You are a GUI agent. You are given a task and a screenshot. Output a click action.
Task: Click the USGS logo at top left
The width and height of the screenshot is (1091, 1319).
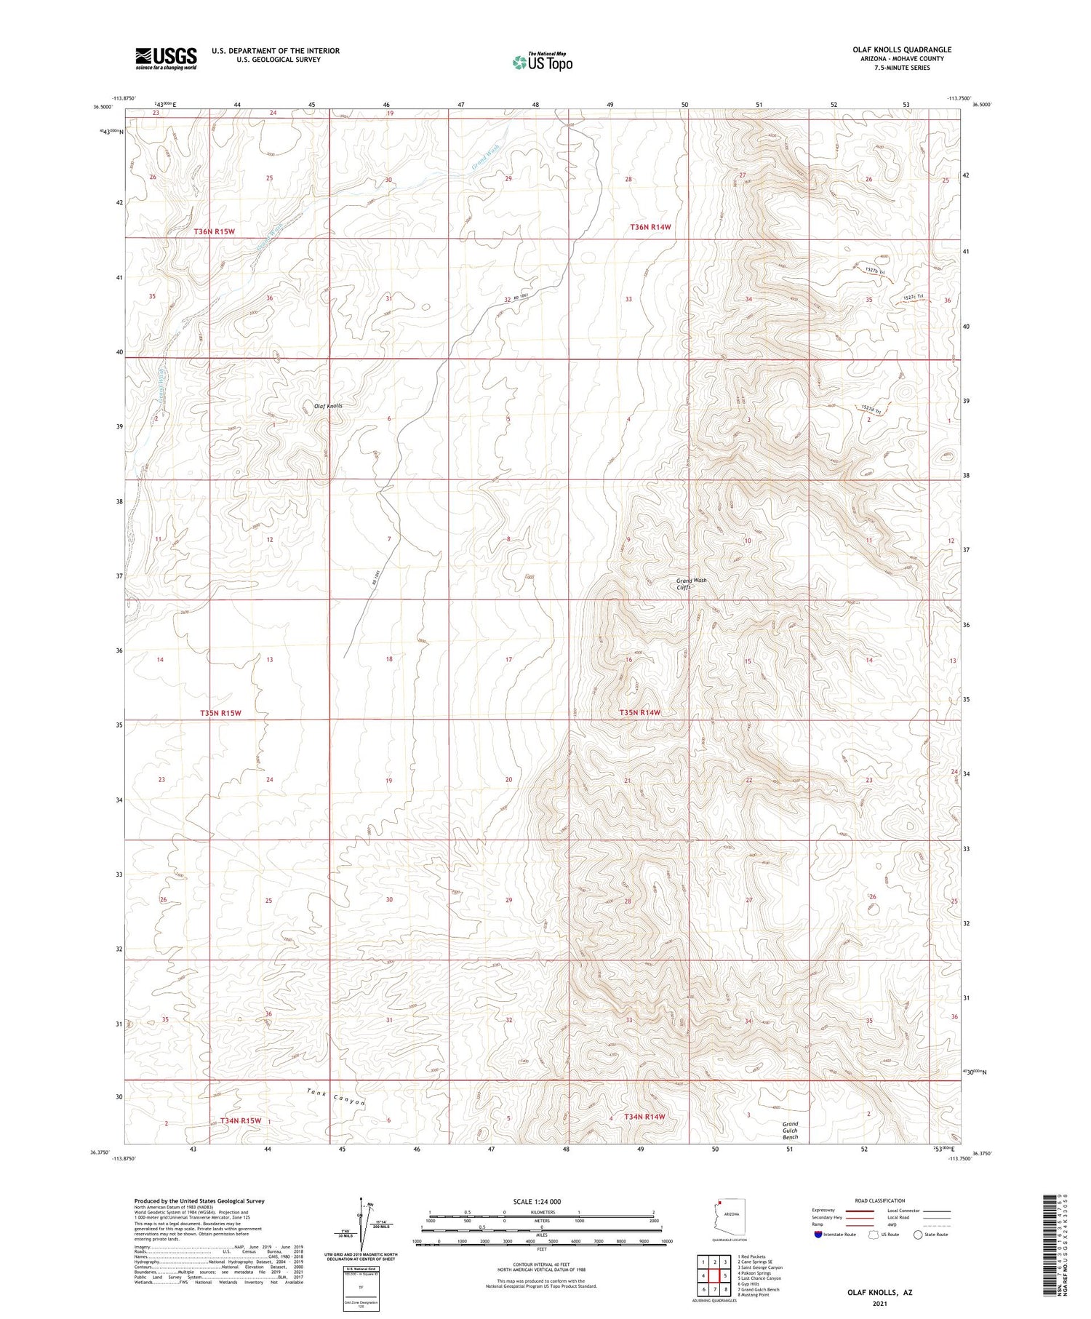click(166, 58)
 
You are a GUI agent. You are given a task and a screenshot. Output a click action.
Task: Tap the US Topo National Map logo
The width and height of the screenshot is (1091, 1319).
click(542, 62)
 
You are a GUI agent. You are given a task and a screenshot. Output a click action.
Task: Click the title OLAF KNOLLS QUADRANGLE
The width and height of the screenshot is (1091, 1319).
click(901, 49)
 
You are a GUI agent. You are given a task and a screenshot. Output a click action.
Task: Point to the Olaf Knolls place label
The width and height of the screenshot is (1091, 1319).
click(327, 405)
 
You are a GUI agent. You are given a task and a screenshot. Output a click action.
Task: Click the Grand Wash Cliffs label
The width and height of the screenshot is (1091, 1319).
click(691, 583)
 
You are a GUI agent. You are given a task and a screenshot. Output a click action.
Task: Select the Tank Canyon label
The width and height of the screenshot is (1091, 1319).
click(335, 1096)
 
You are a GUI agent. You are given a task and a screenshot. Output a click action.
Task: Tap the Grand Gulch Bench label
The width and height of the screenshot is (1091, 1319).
click(790, 1130)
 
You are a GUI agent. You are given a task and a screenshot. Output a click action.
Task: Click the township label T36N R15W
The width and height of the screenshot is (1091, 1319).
click(215, 231)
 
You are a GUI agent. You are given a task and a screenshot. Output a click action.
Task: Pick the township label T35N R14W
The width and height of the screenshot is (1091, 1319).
click(639, 712)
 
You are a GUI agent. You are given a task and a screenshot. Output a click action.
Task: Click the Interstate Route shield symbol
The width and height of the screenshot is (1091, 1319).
click(818, 1235)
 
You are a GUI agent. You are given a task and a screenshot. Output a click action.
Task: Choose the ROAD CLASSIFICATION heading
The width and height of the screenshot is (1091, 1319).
click(879, 1200)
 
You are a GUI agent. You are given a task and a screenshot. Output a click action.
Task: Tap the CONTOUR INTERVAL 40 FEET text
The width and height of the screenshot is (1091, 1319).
click(541, 1264)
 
